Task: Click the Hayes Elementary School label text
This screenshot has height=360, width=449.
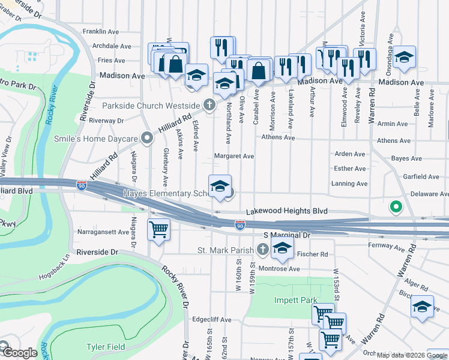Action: pos(164,194)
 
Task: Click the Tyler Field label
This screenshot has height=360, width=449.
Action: pos(106,347)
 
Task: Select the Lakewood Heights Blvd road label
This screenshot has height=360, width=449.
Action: pos(288,212)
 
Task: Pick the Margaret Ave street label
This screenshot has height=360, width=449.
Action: pos(234,156)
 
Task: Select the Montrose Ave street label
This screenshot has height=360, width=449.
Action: pos(279,269)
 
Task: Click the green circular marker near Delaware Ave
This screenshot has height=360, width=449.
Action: pos(396,208)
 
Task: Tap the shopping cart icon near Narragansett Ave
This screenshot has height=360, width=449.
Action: pos(159,229)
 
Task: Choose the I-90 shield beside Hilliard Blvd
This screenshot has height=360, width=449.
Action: pos(82,187)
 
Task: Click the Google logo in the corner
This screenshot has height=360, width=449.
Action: pos(20,353)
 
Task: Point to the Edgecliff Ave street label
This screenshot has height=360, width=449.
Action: pos(209,320)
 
